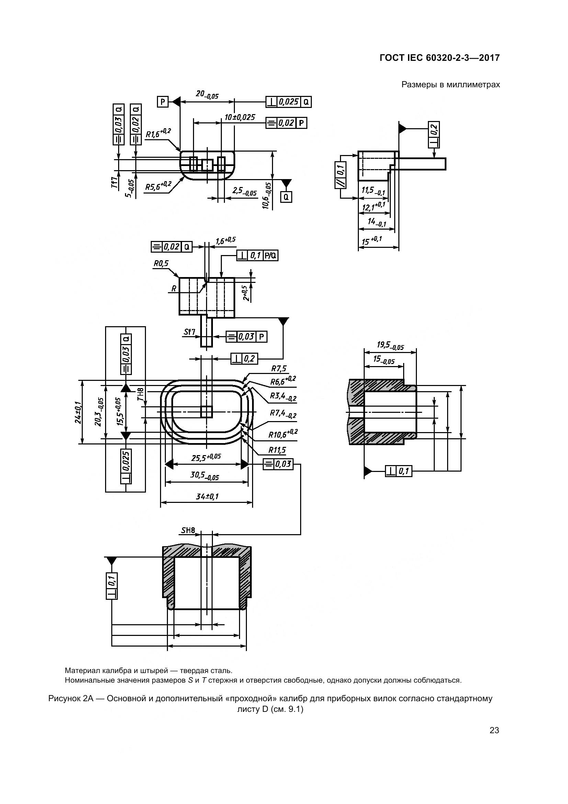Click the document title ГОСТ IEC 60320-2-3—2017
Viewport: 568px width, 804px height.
[439, 58]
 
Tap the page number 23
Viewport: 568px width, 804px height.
[494, 730]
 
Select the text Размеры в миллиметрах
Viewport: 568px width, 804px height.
[451, 85]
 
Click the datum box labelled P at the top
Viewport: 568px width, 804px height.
[163, 102]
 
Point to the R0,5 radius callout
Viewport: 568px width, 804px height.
[161, 263]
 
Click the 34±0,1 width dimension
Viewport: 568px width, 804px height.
[207, 497]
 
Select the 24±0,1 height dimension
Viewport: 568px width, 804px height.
[78, 412]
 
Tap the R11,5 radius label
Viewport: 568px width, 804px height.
[277, 450]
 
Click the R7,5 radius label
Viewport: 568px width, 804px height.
[279, 368]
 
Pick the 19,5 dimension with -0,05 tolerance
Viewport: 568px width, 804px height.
[390, 345]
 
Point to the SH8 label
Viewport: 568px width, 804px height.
[188, 530]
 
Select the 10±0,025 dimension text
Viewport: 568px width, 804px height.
[240, 117]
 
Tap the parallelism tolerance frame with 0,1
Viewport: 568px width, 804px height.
[341, 175]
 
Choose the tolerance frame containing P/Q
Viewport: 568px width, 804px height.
[258, 256]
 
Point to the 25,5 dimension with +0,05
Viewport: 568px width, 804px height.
[206, 457]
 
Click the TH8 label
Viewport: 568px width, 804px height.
[140, 394]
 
